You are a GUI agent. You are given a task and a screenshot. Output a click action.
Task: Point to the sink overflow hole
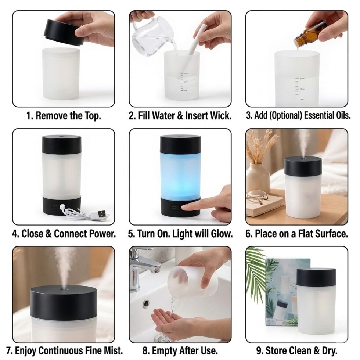point(146,303)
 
